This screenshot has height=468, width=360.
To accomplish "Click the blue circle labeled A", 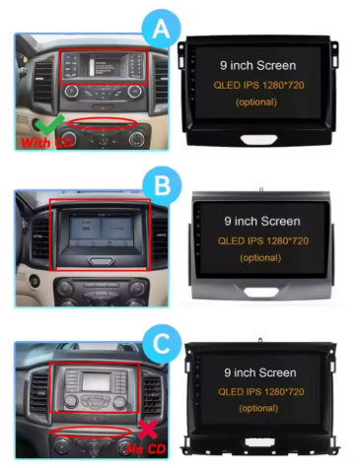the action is (x=161, y=29).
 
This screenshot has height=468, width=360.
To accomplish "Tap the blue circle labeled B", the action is (x=162, y=185).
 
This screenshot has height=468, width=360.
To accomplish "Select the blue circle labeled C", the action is (x=162, y=344).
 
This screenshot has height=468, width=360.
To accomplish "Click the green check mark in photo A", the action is (x=49, y=125).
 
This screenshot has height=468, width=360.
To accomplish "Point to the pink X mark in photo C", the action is (x=148, y=430).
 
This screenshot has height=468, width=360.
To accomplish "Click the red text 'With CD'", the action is (x=46, y=143).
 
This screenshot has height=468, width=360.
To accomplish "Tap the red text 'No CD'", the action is (x=146, y=449).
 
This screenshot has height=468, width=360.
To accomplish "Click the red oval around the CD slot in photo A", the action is (x=103, y=124).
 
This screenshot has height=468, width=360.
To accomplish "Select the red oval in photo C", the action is (x=91, y=432).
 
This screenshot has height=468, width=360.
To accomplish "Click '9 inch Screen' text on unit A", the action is (x=258, y=65).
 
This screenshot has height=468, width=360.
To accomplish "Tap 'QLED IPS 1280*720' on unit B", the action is (x=263, y=241).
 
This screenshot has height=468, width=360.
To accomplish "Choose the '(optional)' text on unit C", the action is (x=258, y=408).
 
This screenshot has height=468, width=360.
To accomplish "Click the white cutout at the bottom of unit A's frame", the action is (x=259, y=139).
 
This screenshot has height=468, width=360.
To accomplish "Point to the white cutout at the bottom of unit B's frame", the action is (x=261, y=292).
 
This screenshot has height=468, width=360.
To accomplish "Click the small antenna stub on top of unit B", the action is (x=261, y=189).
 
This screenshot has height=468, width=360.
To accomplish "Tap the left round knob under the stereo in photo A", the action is (x=71, y=92).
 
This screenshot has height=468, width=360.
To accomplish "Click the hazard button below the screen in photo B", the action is (x=101, y=261).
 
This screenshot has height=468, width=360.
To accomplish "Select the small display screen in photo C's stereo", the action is (x=96, y=381).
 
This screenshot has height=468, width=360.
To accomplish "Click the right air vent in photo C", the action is (x=152, y=395).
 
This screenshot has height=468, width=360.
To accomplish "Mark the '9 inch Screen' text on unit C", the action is (x=260, y=372).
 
